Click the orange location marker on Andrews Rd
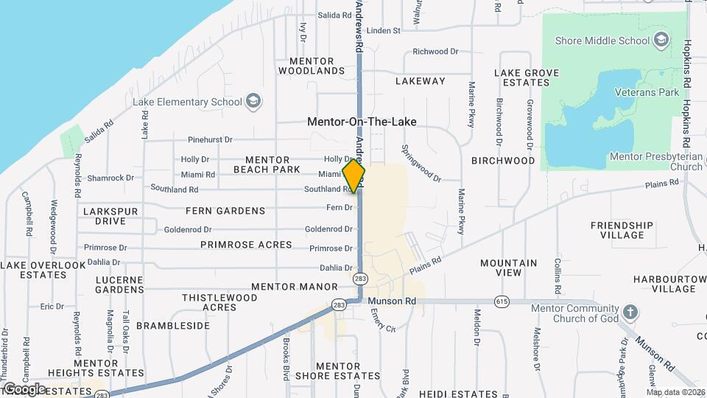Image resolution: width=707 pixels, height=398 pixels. [354, 176]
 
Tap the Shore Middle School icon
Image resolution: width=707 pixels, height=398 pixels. [661, 39]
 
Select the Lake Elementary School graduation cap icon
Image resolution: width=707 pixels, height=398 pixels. [253, 102]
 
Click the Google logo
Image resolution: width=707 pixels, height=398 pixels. [24, 388]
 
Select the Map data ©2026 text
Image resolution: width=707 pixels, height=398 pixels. [676, 392]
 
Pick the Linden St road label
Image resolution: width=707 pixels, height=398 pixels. [383, 31]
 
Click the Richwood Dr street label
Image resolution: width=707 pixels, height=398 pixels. [435, 52]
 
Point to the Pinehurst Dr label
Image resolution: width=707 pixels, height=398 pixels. [210, 139]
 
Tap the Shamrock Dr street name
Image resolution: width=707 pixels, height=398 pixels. [110, 178]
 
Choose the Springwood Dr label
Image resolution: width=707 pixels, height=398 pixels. [421, 163]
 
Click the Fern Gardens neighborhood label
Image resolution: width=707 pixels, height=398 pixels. [225, 211]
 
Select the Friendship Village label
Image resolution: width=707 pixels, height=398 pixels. [622, 230]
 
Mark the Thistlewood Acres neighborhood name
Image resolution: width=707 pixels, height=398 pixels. [219, 302]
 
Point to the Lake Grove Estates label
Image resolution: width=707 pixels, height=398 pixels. [527, 77]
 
